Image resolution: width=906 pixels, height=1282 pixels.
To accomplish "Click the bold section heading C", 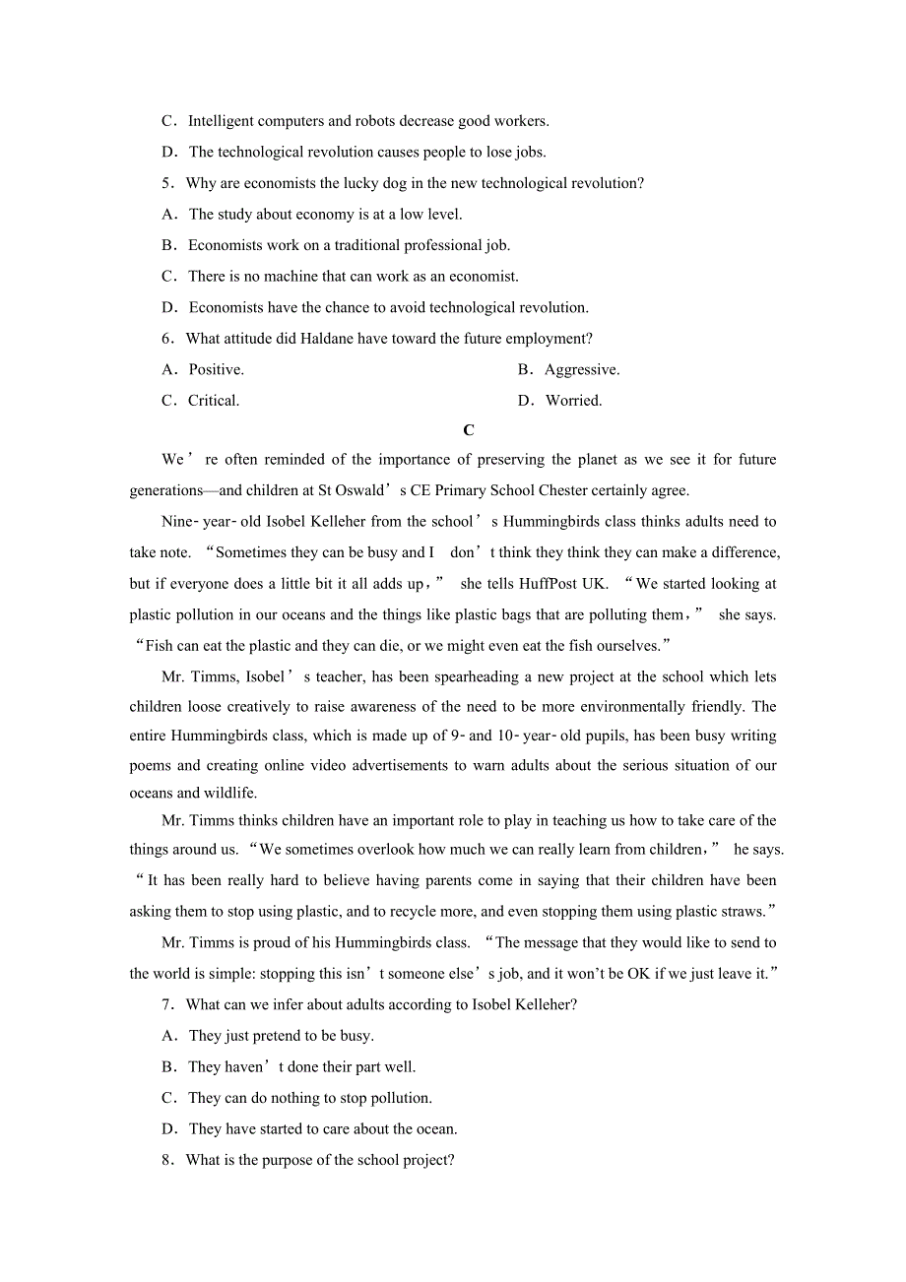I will [469, 430].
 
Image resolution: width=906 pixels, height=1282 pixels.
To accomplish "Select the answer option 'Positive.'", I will [216, 369].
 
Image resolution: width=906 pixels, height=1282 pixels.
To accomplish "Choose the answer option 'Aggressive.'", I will [581, 369].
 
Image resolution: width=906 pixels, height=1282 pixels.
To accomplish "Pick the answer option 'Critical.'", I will [214, 401].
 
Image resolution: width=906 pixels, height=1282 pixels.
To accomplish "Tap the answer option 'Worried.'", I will [573, 401].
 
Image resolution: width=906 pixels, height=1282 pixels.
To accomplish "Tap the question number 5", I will [167, 183].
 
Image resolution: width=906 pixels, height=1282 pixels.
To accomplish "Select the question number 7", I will [167, 1004].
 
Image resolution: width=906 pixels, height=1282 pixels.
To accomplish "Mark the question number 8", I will [167, 1160].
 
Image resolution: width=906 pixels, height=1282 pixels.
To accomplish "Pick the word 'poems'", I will [150, 765].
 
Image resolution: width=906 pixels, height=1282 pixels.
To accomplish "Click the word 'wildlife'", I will [228, 793].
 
